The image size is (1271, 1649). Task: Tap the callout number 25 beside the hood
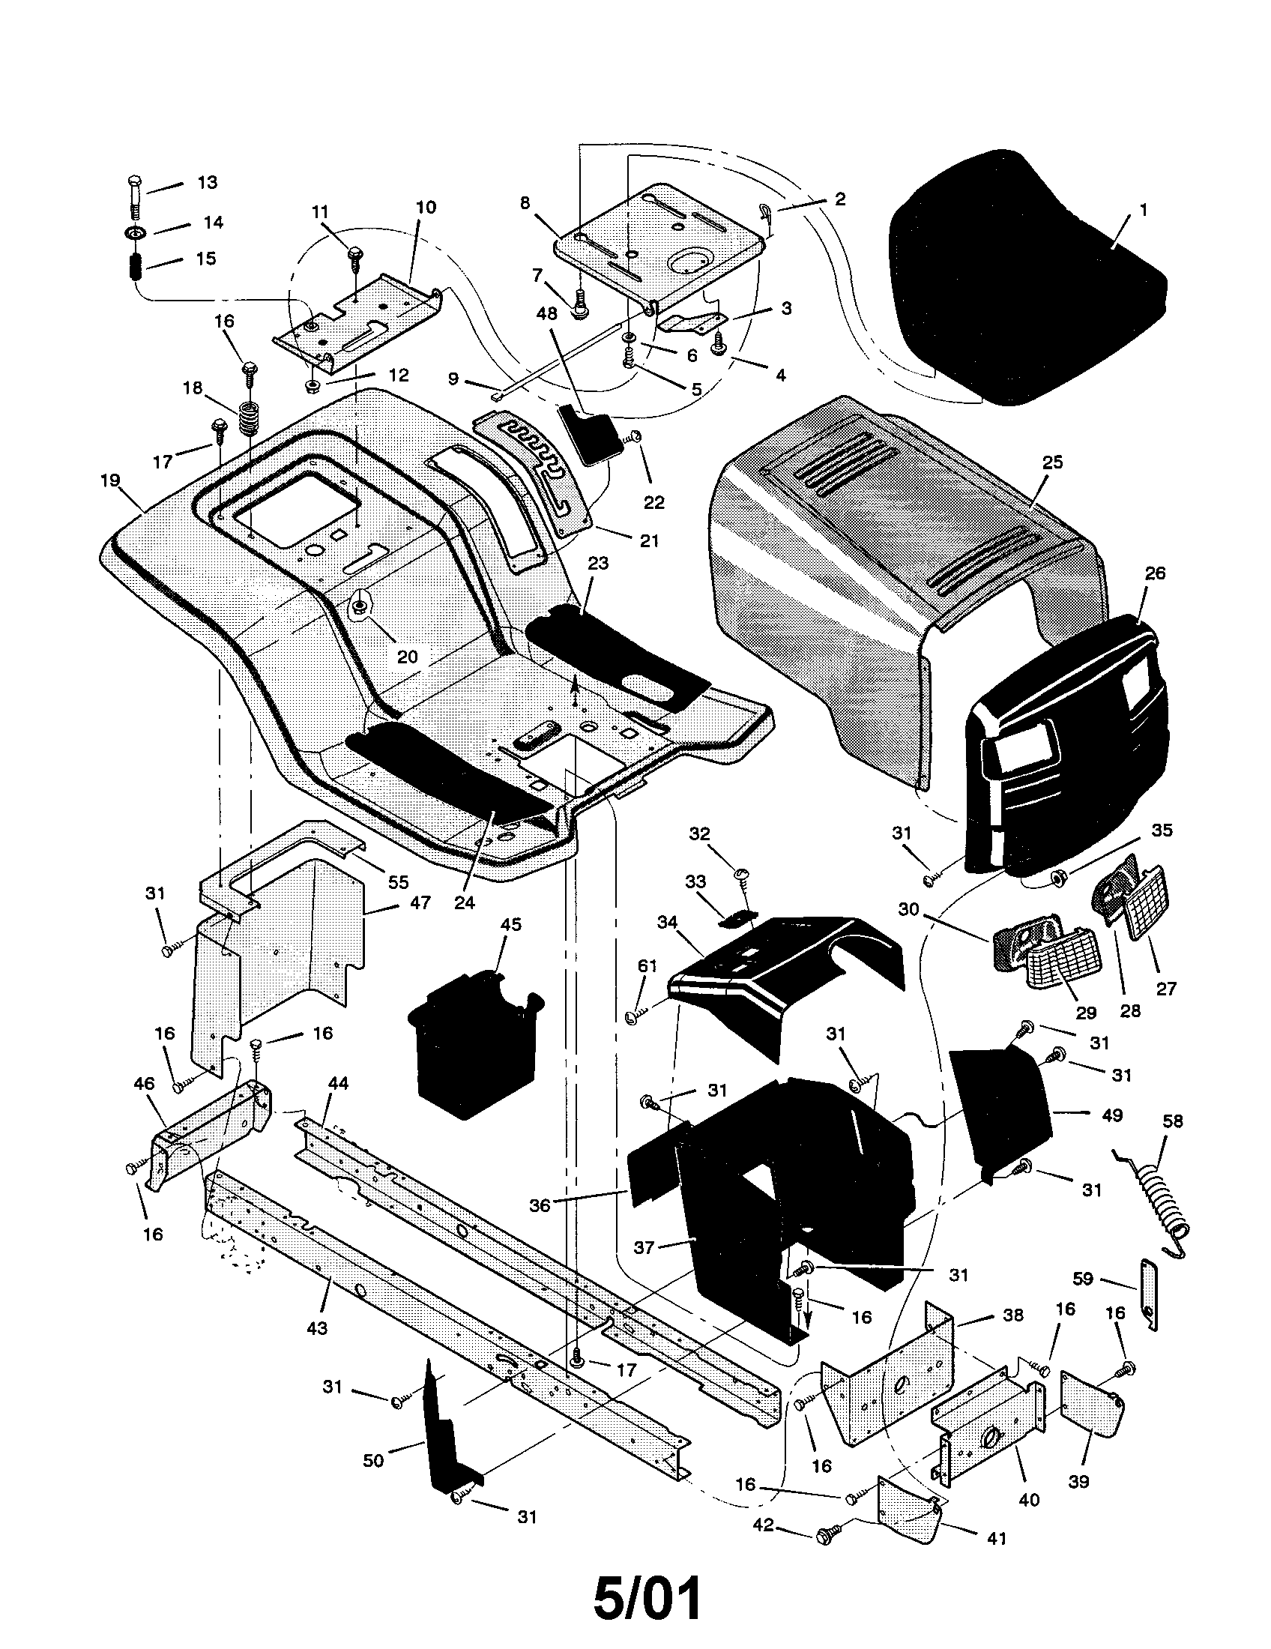[1052, 462]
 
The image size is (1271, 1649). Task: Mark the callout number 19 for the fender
[110, 481]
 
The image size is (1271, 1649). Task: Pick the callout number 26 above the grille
[1154, 573]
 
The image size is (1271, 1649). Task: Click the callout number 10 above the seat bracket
[426, 207]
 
